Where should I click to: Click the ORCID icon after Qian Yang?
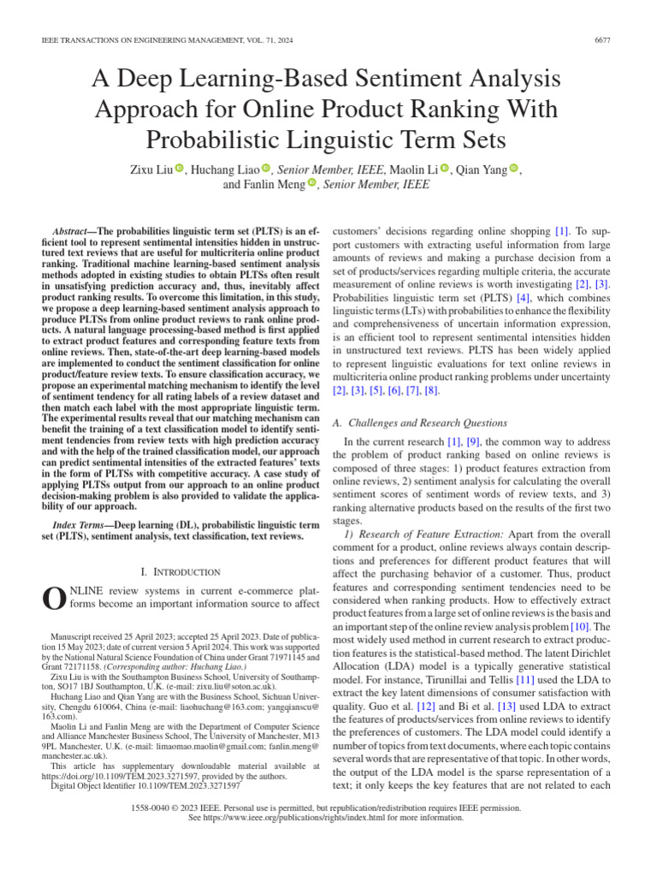[x=513, y=169]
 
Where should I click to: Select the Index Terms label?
[x=82, y=524]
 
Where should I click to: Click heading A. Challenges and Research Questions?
[x=419, y=423]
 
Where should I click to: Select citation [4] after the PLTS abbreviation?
[x=522, y=298]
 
